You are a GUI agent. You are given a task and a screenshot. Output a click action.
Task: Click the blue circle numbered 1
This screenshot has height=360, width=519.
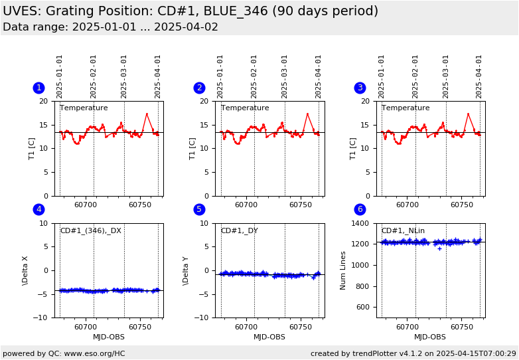[38, 88]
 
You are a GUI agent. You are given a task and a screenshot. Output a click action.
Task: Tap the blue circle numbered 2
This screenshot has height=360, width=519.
[199, 88]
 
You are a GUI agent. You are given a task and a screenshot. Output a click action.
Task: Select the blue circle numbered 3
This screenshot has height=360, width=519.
[360, 88]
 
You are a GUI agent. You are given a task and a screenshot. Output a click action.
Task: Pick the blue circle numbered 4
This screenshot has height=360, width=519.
[38, 209]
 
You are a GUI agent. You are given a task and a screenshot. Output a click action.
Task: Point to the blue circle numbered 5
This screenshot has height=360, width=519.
[199, 209]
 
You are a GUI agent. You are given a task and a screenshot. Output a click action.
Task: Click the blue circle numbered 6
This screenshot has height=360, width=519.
[360, 209]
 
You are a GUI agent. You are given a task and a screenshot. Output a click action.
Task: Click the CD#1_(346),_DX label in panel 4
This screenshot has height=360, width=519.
[90, 230]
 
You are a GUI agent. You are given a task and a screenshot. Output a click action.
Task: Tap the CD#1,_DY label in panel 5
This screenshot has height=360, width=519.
[239, 230]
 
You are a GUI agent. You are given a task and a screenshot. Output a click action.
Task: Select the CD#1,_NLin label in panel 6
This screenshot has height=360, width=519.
[403, 230]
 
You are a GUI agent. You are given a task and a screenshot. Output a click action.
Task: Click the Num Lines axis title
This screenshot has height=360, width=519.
[343, 270]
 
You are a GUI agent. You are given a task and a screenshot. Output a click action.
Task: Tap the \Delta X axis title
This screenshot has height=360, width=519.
[25, 270]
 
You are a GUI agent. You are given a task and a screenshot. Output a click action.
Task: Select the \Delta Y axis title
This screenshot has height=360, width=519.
[186, 270]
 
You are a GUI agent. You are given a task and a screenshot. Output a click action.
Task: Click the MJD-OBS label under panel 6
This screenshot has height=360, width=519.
[430, 337]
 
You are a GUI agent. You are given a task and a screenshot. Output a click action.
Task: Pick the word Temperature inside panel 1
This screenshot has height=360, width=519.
[84, 108]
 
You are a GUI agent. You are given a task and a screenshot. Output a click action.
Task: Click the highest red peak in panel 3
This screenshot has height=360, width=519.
[468, 114]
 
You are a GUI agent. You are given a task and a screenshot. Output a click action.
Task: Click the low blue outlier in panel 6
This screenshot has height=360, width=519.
[439, 248]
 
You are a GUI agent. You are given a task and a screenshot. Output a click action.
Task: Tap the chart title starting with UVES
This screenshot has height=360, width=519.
[190, 11]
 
